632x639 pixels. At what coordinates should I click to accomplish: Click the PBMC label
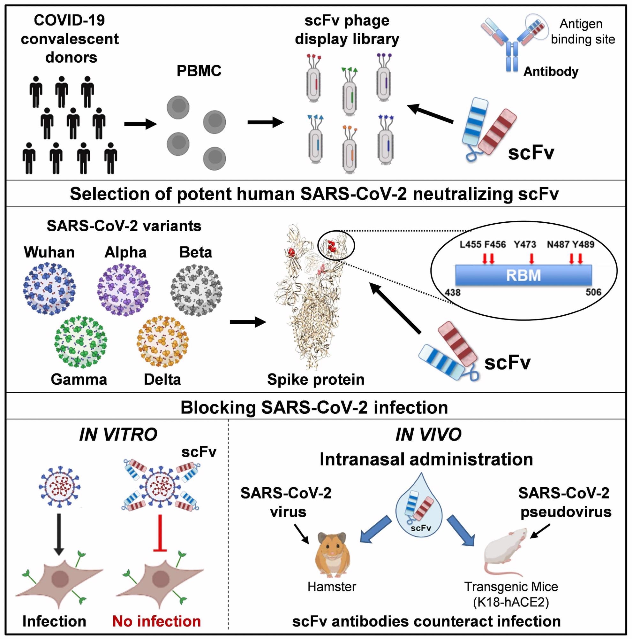[199, 71]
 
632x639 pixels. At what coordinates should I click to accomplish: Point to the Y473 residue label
[525, 244]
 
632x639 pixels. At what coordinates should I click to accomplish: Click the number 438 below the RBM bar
[452, 292]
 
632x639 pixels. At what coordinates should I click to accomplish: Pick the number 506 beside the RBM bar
[593, 292]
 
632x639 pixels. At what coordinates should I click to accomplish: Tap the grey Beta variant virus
[196, 289]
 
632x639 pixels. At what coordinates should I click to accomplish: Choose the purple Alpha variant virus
[124, 289]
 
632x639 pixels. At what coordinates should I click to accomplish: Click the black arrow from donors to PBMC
[140, 124]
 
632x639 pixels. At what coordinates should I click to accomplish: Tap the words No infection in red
[157, 621]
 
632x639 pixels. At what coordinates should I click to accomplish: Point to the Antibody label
[551, 72]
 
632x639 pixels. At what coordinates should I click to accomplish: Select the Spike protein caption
[315, 379]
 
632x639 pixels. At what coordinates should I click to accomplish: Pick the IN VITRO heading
[118, 435]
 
